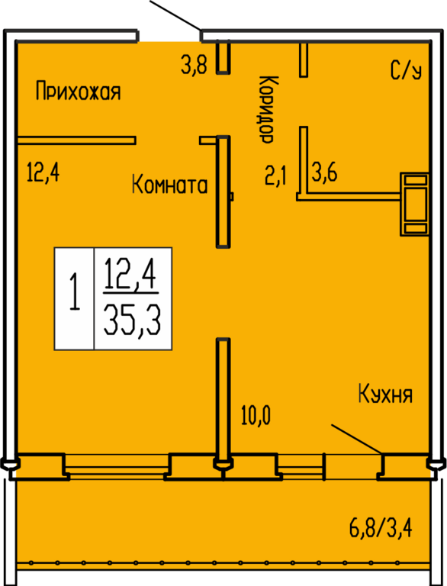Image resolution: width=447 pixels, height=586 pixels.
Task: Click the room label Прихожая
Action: [x=78, y=92]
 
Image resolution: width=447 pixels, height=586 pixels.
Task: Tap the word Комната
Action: [x=169, y=185]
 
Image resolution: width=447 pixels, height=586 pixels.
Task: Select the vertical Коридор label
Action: [x=268, y=109]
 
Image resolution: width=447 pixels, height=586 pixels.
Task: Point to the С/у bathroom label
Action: [x=407, y=70]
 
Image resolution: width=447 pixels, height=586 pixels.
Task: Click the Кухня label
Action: [x=385, y=394]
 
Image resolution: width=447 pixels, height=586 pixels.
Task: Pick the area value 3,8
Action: [x=194, y=64]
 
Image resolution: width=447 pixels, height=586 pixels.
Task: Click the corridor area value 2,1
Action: [x=275, y=176]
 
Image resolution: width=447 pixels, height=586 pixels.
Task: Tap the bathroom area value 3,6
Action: [x=324, y=172]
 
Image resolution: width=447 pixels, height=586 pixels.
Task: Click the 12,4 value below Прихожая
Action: [x=43, y=172]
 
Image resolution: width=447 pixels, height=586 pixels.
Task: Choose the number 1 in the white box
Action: [x=75, y=291]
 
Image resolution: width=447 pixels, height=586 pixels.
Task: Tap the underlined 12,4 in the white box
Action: [x=130, y=275]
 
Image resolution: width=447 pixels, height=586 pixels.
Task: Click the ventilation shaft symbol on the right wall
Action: [x=414, y=204]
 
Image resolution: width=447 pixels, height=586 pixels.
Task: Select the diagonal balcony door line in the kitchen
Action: [x=357, y=439]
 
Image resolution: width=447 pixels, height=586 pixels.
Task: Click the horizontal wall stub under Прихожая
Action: [x=76, y=140]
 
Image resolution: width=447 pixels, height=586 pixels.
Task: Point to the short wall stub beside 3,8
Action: [x=223, y=57]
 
